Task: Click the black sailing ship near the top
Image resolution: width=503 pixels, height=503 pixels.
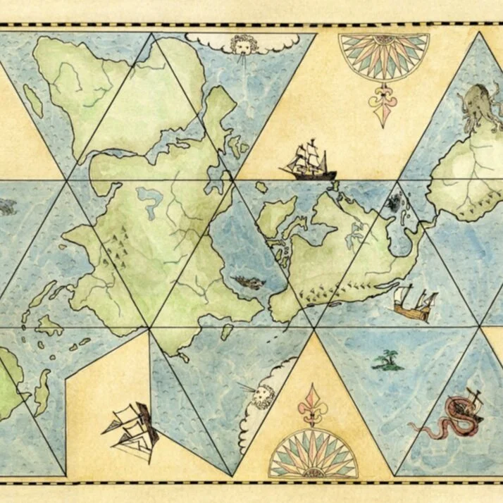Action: coord(309,160)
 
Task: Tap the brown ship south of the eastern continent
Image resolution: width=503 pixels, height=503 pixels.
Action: coord(411,304)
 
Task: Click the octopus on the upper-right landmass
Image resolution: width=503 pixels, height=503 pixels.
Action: coord(477,104)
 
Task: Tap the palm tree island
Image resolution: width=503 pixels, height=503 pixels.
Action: coord(383,361)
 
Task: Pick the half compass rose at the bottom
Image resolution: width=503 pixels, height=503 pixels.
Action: coord(313,454)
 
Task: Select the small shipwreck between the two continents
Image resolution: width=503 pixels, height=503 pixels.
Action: coord(243,282)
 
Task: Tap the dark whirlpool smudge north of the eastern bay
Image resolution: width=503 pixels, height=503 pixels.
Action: coord(392,204)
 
